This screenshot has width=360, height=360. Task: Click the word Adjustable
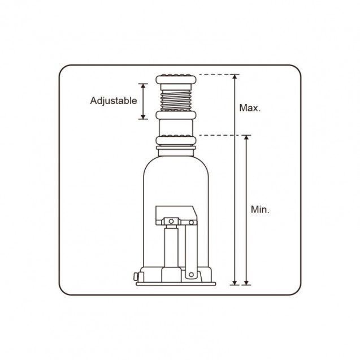[x=114, y=101]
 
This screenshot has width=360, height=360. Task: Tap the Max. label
[x=250, y=108]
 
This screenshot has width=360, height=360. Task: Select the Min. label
[x=260, y=210]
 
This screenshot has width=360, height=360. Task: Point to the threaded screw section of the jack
[x=176, y=101]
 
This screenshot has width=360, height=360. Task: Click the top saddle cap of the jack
[x=176, y=79]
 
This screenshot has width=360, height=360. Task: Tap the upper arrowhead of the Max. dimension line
[x=235, y=77]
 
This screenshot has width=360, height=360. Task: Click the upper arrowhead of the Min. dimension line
[x=246, y=138]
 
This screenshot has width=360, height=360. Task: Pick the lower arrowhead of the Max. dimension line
[x=235, y=283]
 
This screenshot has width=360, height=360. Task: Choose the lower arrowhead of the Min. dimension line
[x=246, y=283]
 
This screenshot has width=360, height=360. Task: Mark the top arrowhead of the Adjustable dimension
[x=143, y=86]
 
